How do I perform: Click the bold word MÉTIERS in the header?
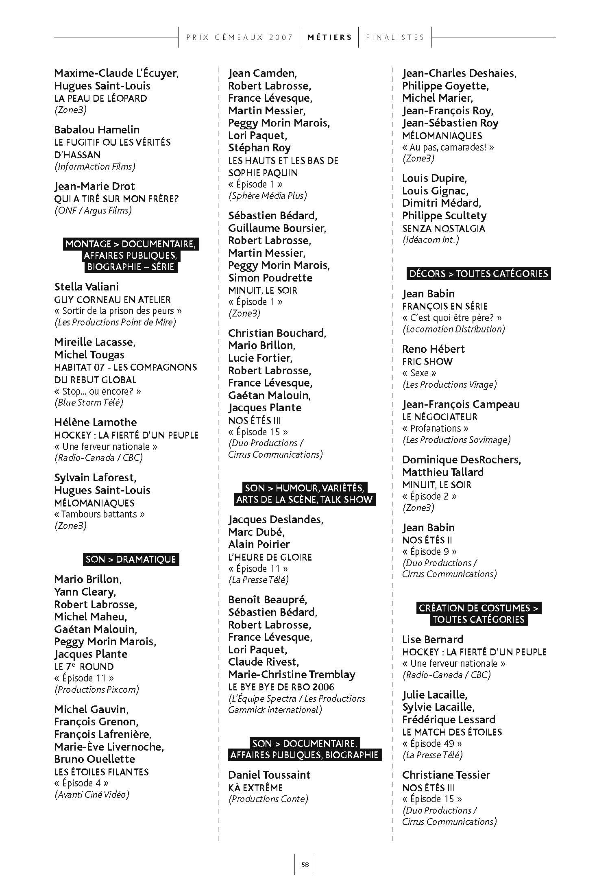pos(329,37)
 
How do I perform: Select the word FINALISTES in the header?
pos(395,37)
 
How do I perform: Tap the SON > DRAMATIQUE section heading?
pos(131,559)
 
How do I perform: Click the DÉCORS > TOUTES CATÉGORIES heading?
pos(479,273)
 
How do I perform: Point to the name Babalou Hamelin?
pos(97,130)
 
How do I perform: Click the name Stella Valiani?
pos(86,287)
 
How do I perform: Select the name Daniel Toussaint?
pos(269,775)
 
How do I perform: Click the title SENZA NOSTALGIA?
pos(443,228)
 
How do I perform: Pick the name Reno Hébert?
pos(433,349)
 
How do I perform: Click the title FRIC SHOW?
pos(427,362)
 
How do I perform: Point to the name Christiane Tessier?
pos(446,775)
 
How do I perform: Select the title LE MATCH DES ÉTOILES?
pos(452,732)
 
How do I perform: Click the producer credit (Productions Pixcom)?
pos(96,689)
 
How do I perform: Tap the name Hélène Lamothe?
pos(95,422)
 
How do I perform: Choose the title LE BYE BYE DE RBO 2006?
pos(281,687)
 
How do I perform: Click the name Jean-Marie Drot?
pos(94,186)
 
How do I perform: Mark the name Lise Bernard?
pos(432,640)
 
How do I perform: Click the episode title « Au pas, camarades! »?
pos(448,147)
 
